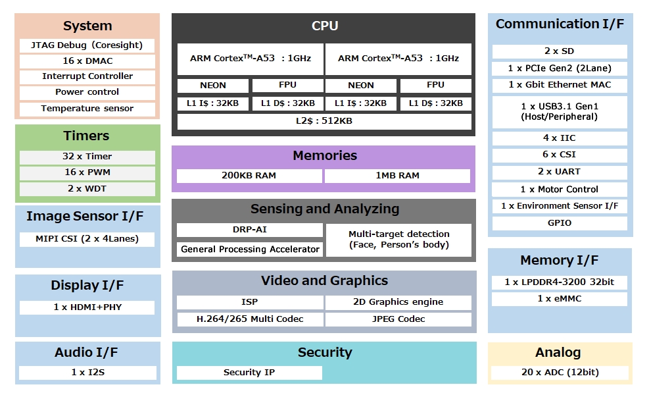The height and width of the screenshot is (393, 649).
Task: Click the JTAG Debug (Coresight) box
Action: tap(87, 45)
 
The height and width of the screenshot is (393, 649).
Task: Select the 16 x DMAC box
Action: tap(87, 61)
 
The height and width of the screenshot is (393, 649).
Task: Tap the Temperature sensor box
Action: tap(87, 109)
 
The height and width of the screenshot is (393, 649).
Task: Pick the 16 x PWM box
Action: tap(87, 172)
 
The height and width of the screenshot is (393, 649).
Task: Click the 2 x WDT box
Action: tap(87, 189)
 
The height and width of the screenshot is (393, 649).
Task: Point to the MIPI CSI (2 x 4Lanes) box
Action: tap(87, 239)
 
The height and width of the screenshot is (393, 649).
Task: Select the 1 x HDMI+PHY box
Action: tap(87, 307)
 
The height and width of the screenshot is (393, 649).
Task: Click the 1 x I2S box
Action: tap(87, 373)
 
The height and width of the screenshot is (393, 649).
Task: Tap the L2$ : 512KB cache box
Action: tap(324, 121)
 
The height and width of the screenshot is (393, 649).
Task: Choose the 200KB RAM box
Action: tap(249, 176)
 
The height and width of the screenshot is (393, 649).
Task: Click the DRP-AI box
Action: tap(249, 230)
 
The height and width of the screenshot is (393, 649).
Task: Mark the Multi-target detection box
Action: tap(398, 240)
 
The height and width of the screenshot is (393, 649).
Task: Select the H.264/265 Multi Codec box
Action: tap(250, 319)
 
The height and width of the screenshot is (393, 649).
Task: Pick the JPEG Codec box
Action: tap(398, 319)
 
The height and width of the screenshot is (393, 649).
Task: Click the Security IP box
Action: tap(249, 373)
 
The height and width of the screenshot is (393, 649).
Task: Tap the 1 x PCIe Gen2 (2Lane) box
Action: tap(560, 68)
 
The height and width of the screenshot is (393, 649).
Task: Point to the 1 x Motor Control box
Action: tap(560, 190)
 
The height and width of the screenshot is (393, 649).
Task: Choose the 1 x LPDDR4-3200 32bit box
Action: tap(560, 282)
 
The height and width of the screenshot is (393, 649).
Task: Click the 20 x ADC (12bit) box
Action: tap(560, 373)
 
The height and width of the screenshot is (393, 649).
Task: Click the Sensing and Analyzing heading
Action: tap(324, 209)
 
